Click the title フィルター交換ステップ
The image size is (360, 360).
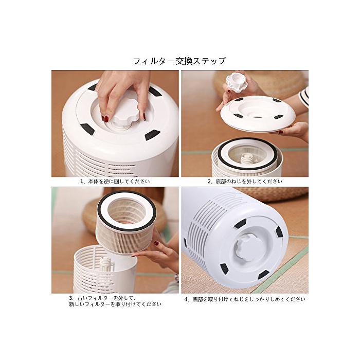[179, 61]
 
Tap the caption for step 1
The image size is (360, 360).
[115, 181]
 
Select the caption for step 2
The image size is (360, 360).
[245, 182]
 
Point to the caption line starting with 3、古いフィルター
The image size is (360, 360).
[103, 298]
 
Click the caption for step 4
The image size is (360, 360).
[245, 299]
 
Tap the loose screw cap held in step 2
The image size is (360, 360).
[237, 82]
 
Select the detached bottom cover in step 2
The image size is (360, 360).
[258, 114]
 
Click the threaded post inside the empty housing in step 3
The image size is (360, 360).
[106, 266]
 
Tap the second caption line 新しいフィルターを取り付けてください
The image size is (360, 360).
[115, 304]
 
